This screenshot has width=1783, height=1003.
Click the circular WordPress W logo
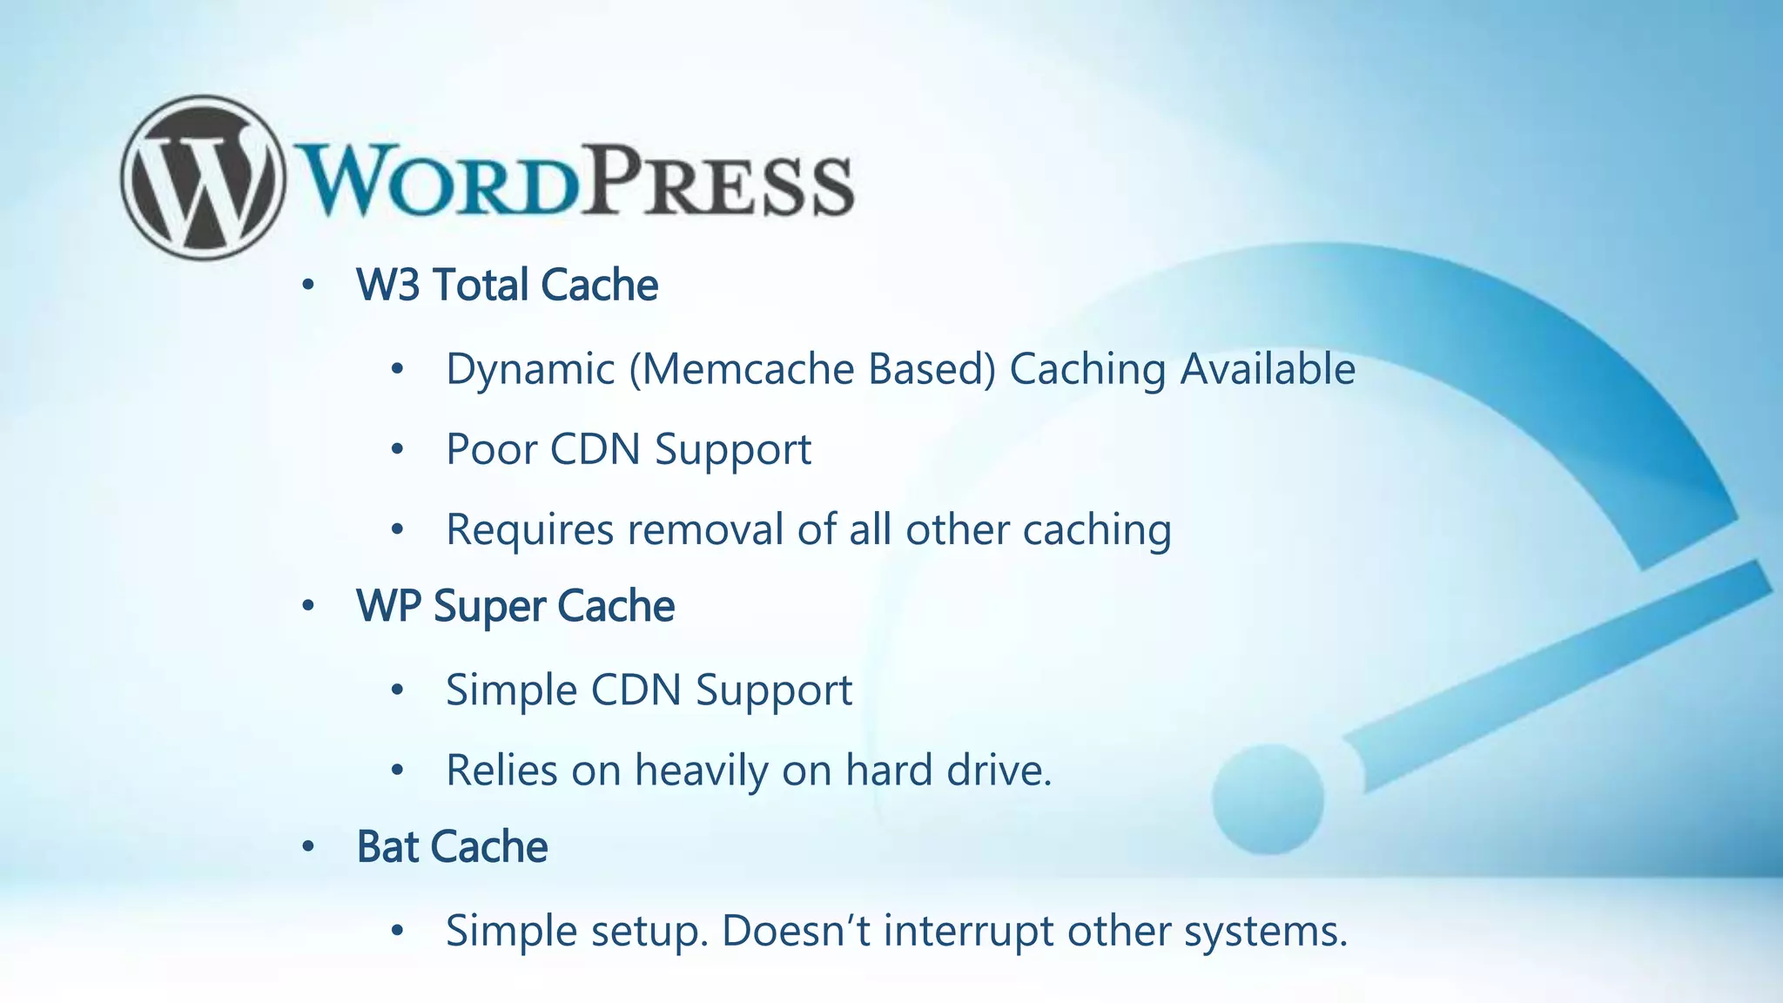point(202,178)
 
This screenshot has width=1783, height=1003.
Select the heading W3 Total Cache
point(507,286)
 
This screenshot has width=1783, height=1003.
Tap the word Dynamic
point(530,369)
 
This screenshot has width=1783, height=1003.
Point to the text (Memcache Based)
point(811,369)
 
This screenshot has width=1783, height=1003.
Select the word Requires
point(529,530)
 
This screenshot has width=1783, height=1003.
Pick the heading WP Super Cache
point(515,607)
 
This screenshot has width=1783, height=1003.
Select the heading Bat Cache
point(452,847)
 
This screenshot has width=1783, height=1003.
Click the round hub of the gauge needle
point(1268,798)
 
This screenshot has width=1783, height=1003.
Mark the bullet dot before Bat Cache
point(307,847)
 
